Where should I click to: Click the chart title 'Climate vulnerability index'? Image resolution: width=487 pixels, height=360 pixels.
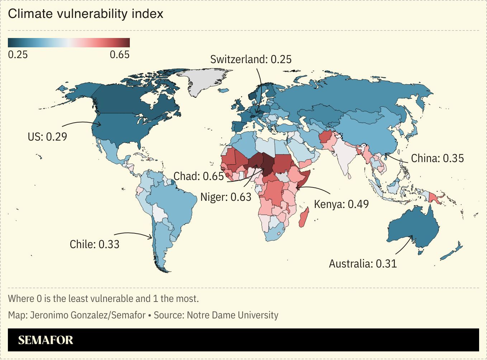[85, 14]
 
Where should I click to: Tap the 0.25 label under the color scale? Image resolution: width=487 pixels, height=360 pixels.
[18, 55]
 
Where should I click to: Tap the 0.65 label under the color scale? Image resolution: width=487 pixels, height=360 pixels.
[119, 55]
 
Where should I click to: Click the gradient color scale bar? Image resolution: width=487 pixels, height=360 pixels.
[68, 43]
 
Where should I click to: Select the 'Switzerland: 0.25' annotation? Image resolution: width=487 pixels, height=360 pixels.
[251, 59]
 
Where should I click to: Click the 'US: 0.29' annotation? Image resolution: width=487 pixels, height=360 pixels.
[47, 137]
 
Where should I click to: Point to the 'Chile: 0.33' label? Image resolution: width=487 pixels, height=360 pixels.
[94, 244]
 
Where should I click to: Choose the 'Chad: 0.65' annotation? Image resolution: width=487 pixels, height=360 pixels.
[198, 176]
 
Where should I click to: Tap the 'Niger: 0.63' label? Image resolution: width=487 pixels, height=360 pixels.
[226, 197]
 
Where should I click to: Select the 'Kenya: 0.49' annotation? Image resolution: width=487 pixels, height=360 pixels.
[341, 204]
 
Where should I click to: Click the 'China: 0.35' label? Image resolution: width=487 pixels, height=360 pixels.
[437, 158]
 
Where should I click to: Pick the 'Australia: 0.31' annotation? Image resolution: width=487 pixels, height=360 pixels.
[363, 264]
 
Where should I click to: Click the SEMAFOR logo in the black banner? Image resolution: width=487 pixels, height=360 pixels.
[46, 340]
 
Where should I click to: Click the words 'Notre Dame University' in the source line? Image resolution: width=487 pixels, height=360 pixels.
[232, 315]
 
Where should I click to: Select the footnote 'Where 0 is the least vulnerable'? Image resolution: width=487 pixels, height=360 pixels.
[103, 298]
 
